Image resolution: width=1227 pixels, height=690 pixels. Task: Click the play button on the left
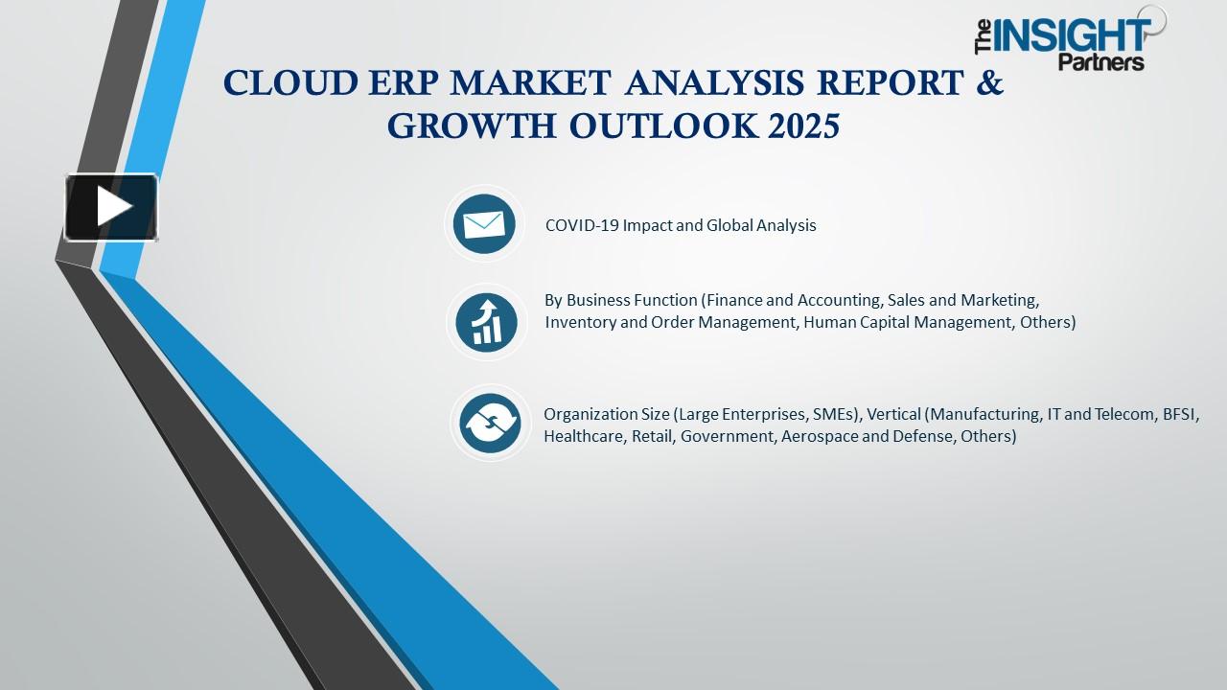click(111, 207)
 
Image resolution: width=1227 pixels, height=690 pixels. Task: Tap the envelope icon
click(484, 224)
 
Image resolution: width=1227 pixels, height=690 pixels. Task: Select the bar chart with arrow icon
click(486, 323)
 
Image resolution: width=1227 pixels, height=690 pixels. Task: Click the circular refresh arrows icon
click(490, 424)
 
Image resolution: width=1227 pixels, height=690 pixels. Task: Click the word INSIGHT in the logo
click(1072, 35)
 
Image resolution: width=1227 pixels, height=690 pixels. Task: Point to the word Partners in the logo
click(1101, 62)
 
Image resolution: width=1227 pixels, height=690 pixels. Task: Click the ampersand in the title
click(990, 82)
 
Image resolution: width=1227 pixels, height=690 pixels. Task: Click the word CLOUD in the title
click(290, 83)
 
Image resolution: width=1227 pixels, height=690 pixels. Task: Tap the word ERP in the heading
click(405, 83)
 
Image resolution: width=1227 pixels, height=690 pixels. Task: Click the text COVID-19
click(582, 225)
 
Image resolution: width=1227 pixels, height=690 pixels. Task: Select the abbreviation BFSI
click(1180, 415)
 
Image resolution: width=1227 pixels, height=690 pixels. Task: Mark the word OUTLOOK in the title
click(662, 126)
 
